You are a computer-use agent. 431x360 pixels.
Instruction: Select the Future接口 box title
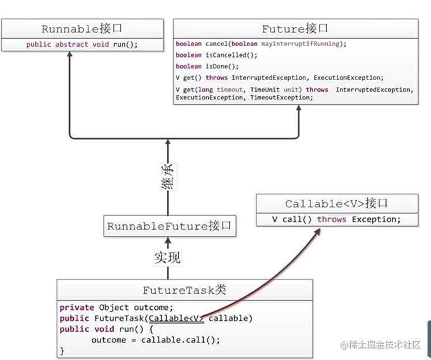point(295,28)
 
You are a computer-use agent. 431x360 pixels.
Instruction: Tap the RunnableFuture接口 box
point(169,226)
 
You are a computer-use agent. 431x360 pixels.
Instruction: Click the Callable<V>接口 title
point(336,204)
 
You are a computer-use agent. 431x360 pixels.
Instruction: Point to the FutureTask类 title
point(185,290)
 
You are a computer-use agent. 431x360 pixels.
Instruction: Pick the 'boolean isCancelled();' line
point(216,55)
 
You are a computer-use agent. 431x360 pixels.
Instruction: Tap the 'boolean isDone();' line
point(207,66)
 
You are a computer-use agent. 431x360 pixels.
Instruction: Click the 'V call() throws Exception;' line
point(336,219)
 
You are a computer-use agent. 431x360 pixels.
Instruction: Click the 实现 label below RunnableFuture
point(168,257)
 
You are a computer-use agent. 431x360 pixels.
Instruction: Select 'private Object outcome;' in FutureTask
point(116,307)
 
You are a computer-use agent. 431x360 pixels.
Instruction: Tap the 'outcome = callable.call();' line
point(156,339)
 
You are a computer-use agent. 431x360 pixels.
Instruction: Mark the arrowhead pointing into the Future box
point(299,109)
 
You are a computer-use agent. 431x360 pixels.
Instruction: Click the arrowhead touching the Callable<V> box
point(318,231)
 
